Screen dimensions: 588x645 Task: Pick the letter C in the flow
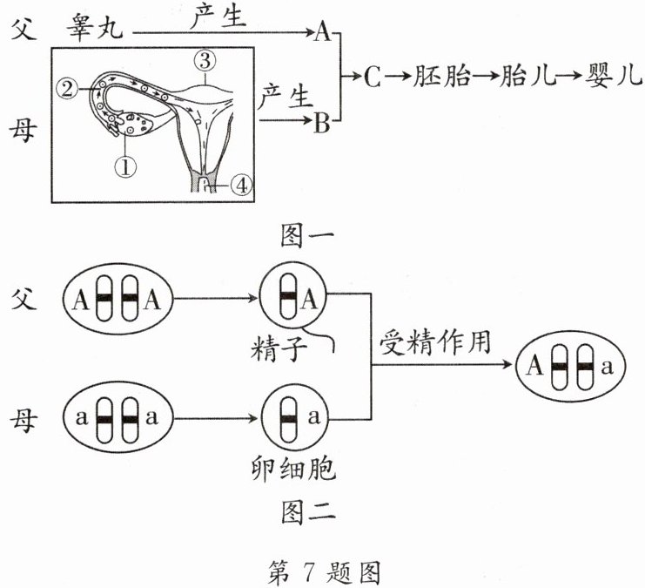tap(372, 78)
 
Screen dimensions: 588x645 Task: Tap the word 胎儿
tap(527, 78)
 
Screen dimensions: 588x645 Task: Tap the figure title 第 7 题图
tap(323, 571)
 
